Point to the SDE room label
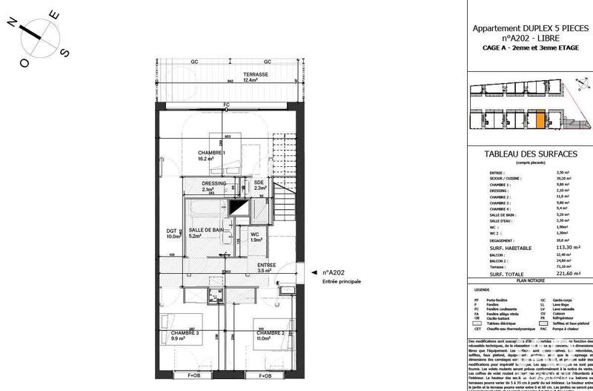coord(259,185)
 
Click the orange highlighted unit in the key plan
coord(540,118)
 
